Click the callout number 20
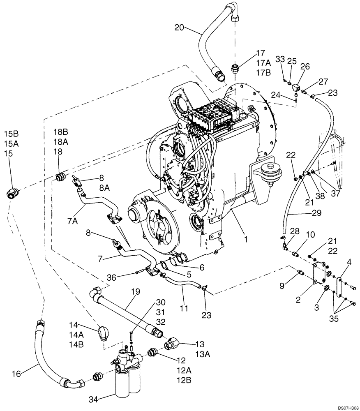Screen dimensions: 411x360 click(x=179, y=28)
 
